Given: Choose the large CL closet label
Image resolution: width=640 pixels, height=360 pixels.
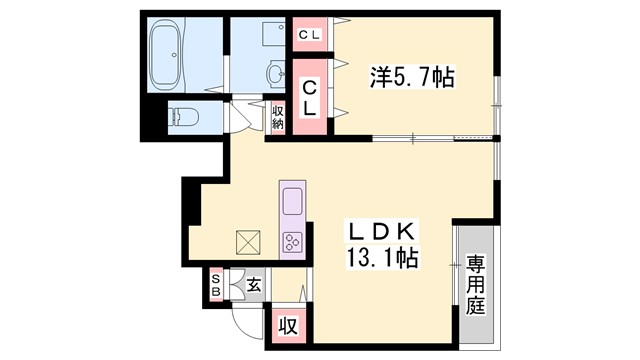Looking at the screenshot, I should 310,96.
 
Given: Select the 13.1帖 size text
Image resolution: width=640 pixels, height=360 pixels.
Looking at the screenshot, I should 379,257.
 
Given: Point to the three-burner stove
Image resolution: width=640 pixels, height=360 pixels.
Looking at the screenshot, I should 293,242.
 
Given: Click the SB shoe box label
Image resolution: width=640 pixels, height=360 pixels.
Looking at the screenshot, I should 216,285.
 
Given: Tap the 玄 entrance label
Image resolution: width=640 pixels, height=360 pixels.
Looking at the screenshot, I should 253,286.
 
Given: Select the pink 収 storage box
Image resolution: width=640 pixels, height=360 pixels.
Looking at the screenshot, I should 286,326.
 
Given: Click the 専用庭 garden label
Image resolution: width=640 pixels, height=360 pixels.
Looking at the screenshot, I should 475,286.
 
